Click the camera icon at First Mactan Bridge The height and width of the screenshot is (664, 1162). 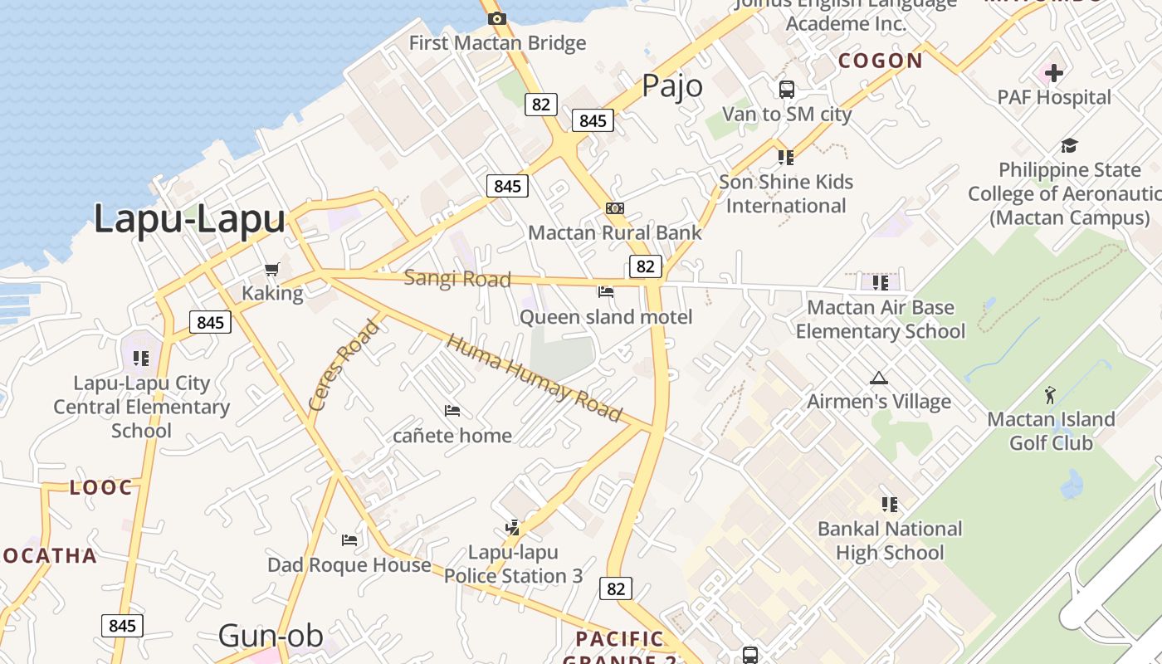click(x=497, y=18)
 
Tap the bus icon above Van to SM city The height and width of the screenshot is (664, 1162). click(x=786, y=89)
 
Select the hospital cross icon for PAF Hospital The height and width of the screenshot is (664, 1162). click(x=1053, y=73)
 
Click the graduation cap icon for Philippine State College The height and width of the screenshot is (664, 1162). click(x=1069, y=146)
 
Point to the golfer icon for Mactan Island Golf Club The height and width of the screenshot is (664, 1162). click(x=1050, y=395)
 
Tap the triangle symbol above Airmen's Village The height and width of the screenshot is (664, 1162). click(x=878, y=378)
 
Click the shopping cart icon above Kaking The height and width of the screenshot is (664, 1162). click(x=271, y=269)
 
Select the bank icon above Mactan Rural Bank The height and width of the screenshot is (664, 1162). click(x=615, y=208)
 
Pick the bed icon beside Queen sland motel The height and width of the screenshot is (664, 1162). click(x=606, y=291)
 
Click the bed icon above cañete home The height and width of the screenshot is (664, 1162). click(x=452, y=410)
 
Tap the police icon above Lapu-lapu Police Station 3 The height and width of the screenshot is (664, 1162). click(x=512, y=527)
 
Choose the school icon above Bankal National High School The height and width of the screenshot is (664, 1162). click(x=890, y=504)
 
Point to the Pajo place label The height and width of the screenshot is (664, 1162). click(x=672, y=86)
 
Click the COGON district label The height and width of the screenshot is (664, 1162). click(x=881, y=61)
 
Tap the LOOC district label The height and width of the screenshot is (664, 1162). click(x=101, y=487)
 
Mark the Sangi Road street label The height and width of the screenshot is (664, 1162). click(x=457, y=279)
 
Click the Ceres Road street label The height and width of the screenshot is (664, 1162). click(x=344, y=364)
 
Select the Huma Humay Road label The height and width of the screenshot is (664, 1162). click(x=534, y=378)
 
